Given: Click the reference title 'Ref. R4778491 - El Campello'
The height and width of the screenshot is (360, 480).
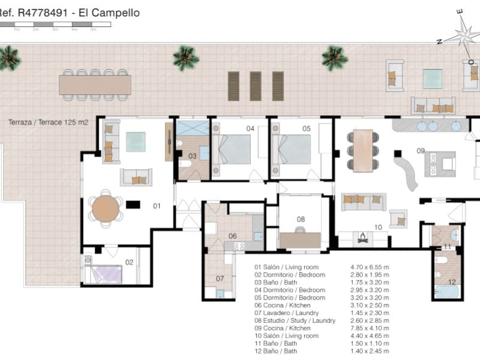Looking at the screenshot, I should coord(70,12).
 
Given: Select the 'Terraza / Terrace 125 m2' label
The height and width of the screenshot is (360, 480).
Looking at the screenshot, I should coord(48,122).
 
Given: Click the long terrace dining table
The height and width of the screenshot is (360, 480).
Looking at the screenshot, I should coord(95,85).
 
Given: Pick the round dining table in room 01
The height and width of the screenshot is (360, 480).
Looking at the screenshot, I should coord(106,208).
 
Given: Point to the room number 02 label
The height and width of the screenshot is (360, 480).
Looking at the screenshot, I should coord(129,262).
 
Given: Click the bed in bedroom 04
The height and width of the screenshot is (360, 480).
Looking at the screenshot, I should coord(233,149).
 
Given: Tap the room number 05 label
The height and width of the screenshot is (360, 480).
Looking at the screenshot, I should coord(306,128).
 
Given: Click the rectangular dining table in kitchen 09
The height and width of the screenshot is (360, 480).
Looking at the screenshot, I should coord(363,150).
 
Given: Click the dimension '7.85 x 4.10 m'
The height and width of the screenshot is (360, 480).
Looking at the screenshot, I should coord(370,328).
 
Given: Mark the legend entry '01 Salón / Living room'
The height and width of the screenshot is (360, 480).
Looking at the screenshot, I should coord(286,267).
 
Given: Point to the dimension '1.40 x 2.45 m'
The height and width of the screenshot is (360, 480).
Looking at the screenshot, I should coord(370,351).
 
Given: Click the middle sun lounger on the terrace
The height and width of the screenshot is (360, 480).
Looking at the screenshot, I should coord(256,86).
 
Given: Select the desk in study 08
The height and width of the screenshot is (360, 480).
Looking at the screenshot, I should coord(301,239).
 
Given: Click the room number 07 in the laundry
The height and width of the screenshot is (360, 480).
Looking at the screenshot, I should coord(220,278).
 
